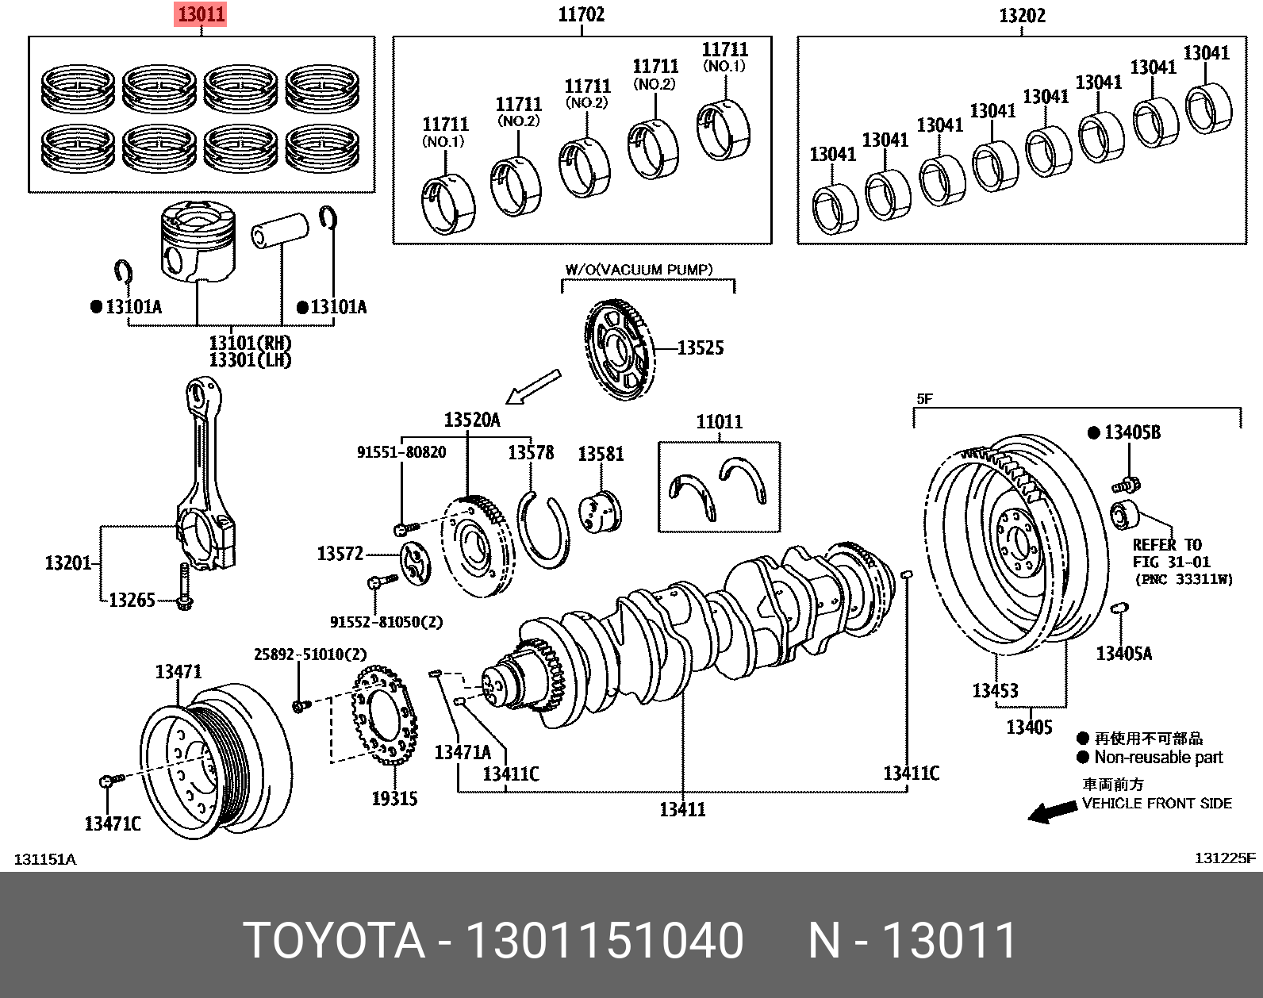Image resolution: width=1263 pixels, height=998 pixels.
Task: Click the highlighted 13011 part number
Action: pos(201,14)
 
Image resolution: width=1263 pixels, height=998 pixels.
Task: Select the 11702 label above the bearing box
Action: pos(581,14)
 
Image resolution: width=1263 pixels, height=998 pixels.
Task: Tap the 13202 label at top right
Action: pos(1022,15)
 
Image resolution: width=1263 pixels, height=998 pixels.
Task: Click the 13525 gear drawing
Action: pos(620,350)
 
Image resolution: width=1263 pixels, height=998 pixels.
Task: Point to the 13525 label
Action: pos(700,347)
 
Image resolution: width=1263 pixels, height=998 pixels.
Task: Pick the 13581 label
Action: pos(601,454)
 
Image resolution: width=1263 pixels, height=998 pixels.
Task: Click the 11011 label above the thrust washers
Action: pos(719,421)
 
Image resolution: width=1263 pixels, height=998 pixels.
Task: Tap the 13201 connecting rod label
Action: pos(68,562)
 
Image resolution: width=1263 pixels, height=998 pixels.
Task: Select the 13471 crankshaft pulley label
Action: pos(179,672)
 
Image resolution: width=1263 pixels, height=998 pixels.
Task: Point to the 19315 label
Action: pos(394,799)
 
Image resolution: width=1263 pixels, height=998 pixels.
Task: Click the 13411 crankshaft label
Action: pos(682,809)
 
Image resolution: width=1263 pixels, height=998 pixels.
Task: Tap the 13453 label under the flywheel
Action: pos(995,691)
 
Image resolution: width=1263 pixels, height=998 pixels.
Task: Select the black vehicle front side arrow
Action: pos(1052,812)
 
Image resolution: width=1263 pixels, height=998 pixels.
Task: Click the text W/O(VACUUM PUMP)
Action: pos(639,270)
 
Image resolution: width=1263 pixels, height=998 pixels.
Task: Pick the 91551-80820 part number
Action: pos(401,452)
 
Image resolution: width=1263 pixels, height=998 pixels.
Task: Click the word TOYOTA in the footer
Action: pos(334,941)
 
